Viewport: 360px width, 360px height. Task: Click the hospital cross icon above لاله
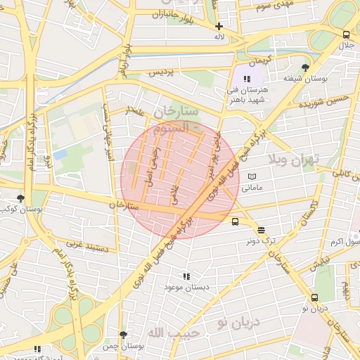(x=219, y=26)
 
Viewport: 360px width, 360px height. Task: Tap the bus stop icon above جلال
(x=346, y=35)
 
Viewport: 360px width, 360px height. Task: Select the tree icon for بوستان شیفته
(x=304, y=67)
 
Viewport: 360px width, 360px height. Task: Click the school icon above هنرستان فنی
(x=246, y=79)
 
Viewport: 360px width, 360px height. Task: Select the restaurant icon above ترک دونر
(x=261, y=230)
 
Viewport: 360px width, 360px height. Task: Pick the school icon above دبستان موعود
(x=186, y=277)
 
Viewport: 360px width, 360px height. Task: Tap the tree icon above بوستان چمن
(x=123, y=335)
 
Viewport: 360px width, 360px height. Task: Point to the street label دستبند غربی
(x=86, y=245)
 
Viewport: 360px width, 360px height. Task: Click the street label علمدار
(x=134, y=110)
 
